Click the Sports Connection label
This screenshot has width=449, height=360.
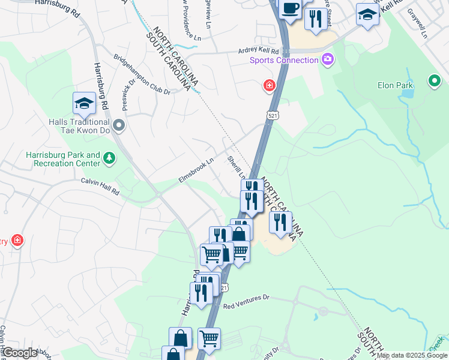[x=284, y=60]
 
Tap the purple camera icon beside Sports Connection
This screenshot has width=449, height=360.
[x=328, y=59]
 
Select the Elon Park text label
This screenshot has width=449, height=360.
[x=395, y=85]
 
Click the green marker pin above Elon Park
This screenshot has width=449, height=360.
[x=434, y=80]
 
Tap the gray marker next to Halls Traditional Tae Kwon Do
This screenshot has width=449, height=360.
[x=119, y=126]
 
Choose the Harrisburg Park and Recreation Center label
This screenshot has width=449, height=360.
[x=62, y=158]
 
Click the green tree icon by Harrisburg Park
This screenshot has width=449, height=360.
[x=109, y=158]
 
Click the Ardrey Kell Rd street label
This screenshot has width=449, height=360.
[x=256, y=52]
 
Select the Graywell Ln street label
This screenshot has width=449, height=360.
[x=416, y=23]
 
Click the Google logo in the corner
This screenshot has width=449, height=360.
[x=20, y=353]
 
